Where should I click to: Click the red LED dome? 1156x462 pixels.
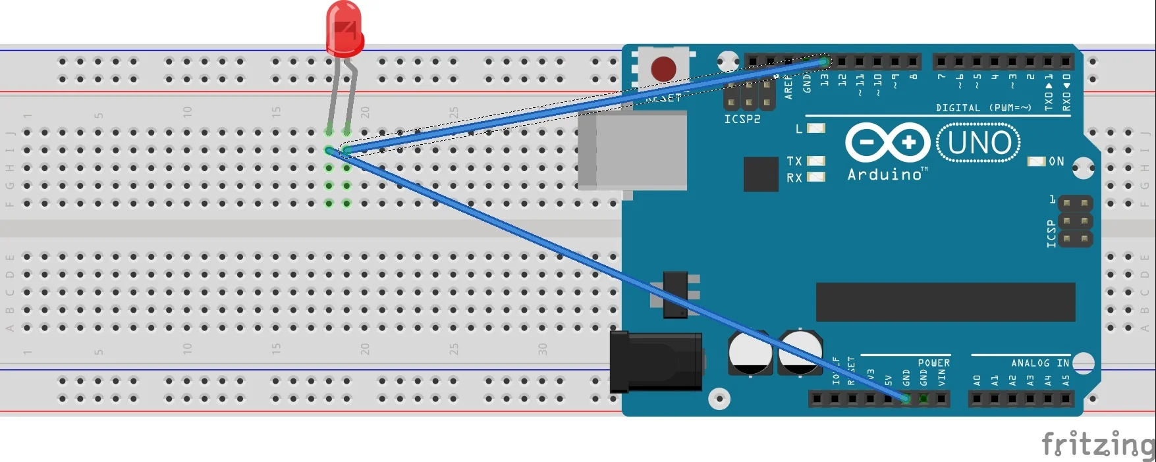pyautogui.click(x=344, y=28)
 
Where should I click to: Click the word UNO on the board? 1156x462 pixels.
pyautogui.click(x=979, y=143)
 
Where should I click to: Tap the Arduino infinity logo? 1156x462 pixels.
pyautogui.click(x=887, y=142)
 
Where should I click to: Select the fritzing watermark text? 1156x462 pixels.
pyautogui.click(x=1097, y=444)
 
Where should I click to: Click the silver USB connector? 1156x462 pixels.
pyautogui.click(x=632, y=151)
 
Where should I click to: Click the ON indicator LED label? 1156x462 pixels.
pyautogui.click(x=1056, y=161)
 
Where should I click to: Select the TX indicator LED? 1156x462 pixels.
pyautogui.click(x=816, y=161)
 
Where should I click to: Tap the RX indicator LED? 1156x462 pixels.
pyautogui.click(x=816, y=177)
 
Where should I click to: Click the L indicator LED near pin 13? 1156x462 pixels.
pyautogui.click(x=816, y=128)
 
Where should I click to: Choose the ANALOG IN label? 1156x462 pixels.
pyautogui.click(x=1039, y=363)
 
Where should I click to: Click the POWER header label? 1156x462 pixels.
pyautogui.click(x=933, y=363)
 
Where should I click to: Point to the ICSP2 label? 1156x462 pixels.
pyautogui.click(x=742, y=119)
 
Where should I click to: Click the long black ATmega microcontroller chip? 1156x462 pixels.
pyautogui.click(x=945, y=302)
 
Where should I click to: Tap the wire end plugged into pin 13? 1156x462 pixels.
pyautogui.click(x=824, y=62)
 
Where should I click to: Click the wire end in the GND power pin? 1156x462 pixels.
pyautogui.click(x=906, y=398)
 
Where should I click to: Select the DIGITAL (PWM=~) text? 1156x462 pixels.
pyautogui.click(x=983, y=107)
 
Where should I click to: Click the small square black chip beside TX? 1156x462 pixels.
pyautogui.click(x=761, y=174)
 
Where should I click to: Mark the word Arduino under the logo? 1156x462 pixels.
pyautogui.click(x=885, y=174)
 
